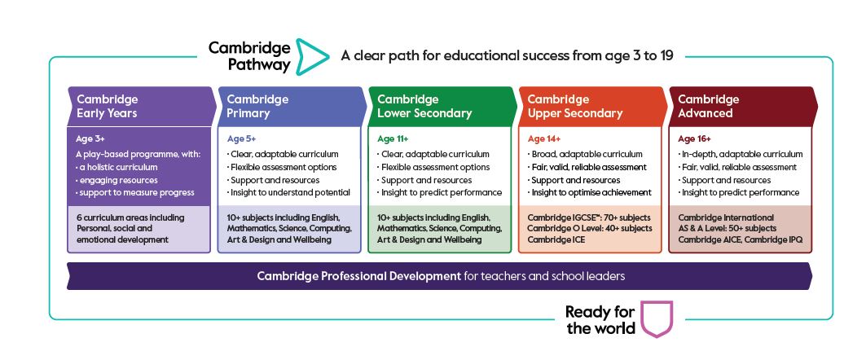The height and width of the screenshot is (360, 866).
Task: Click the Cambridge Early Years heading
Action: [x=107, y=106]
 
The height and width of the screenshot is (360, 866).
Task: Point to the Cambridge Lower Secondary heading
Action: [x=424, y=106]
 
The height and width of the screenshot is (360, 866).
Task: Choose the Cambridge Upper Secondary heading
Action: [x=574, y=106]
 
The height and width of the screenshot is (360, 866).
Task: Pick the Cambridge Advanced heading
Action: [x=708, y=106]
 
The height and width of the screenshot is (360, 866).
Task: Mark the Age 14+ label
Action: [x=543, y=139]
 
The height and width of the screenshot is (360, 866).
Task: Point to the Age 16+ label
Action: [x=693, y=139]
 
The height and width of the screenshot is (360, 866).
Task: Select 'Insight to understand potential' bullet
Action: [x=289, y=193]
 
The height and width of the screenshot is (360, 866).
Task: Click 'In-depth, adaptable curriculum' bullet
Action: [x=741, y=154]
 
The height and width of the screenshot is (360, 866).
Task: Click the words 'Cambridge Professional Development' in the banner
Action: [x=358, y=276]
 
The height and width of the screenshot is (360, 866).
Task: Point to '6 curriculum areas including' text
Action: [x=130, y=217]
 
